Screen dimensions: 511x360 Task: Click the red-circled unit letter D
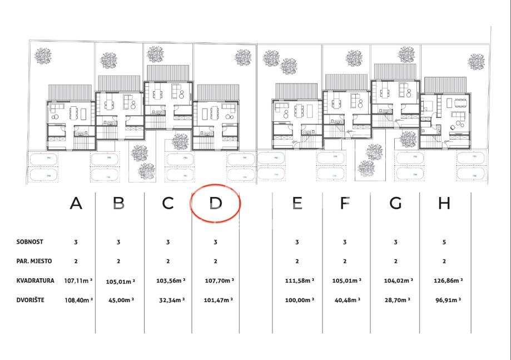coord(215,204)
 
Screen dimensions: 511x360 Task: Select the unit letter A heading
coord(76,204)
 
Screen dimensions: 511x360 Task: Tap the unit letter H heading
coord(444,204)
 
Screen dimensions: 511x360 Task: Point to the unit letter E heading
coord(298,204)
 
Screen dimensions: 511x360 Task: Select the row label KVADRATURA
coord(36,281)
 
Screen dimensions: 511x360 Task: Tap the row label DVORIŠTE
coord(32,300)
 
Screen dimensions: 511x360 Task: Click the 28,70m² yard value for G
coord(396,301)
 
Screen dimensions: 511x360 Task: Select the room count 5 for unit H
coord(444,243)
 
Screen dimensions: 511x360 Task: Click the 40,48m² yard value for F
coord(348,301)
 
